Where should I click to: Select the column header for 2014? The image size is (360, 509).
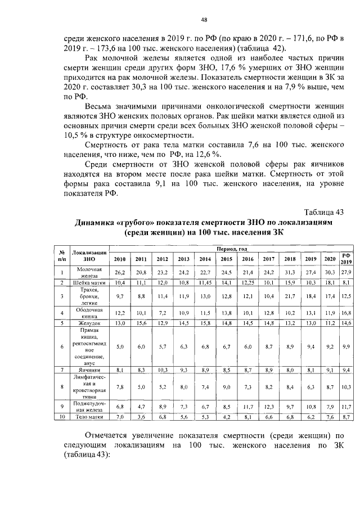click(205, 259)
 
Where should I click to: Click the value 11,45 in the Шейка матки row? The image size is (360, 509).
click(205, 282)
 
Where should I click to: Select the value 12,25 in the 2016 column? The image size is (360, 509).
click(248, 282)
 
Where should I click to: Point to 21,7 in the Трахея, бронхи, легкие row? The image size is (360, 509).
click(290, 295)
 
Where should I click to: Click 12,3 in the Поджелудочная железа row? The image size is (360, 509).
click(269, 406)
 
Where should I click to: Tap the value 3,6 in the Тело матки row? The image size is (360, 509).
click(141, 417)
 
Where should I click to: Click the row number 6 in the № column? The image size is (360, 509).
click(64, 346)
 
